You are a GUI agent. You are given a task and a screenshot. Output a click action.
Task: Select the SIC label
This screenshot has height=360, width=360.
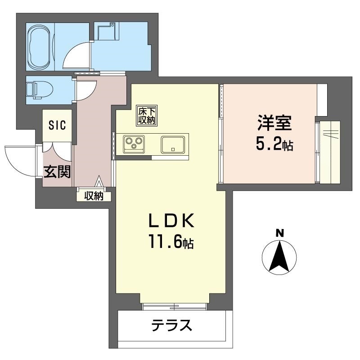coord(57,125)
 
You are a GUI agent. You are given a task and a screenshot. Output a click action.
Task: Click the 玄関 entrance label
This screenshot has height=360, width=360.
coord(57,171)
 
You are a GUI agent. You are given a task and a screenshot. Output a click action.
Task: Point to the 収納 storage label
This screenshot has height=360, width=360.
coord(94,196)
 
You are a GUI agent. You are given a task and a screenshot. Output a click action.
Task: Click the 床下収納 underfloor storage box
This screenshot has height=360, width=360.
coord(147,115)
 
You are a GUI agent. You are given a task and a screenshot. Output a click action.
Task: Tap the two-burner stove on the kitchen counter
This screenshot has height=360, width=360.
coord(134,144)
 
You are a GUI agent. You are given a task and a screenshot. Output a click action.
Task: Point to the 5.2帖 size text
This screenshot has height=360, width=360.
coord(275,144)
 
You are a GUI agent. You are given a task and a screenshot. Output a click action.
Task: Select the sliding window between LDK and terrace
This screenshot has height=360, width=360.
coord(175,306)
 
